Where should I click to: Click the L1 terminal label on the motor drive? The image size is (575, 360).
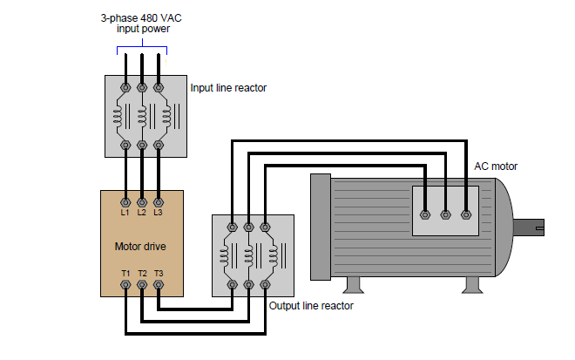[125, 212]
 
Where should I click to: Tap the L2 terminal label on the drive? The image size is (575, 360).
[142, 212]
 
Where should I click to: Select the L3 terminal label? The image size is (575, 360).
[158, 212]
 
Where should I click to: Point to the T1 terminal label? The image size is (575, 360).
[125, 273]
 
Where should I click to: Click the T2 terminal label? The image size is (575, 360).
[142, 273]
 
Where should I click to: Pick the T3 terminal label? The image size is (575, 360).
[158, 273]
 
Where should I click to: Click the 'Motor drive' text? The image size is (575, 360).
[140, 246]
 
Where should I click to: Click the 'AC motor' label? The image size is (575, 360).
[495, 166]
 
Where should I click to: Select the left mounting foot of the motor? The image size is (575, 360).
[352, 285]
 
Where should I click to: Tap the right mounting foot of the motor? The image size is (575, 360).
[474, 285]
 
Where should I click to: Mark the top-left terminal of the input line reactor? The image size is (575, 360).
[125, 87]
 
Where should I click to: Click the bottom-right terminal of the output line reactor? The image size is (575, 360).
[266, 284]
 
